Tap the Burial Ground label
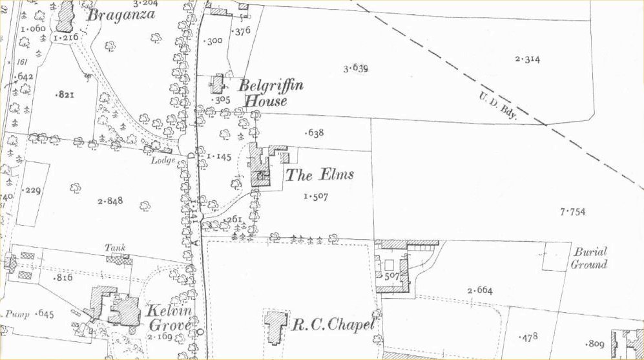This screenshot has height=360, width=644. [589, 258]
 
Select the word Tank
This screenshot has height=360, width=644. [115, 248]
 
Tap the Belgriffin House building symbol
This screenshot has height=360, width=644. [218, 84]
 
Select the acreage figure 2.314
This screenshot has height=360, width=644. [527, 60]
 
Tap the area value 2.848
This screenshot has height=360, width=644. [110, 202]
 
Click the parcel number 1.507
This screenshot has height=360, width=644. [315, 196]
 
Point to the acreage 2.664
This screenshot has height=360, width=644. [480, 290]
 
